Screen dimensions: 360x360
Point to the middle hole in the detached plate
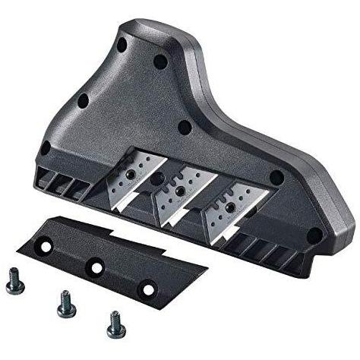(96, 265)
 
